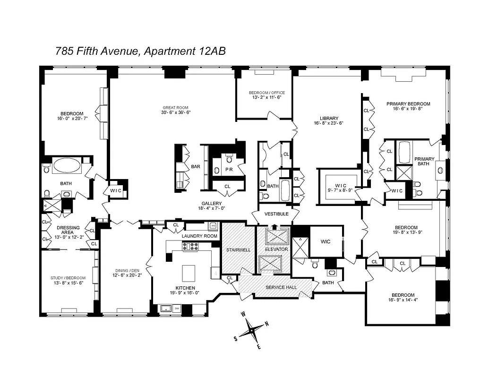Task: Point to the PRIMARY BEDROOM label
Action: click(408, 104)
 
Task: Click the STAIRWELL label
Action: click(238, 249)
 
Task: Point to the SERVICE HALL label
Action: click(282, 287)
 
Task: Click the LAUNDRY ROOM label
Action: click(199, 236)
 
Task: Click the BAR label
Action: click(196, 167)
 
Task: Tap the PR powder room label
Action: click(229, 169)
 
